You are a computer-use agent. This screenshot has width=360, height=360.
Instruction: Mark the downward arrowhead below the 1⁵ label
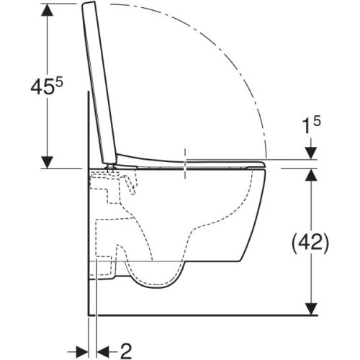[x=311, y=153]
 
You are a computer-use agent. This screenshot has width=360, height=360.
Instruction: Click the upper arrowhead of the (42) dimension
[x=311, y=175]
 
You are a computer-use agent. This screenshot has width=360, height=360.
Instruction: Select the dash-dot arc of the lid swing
[x=238, y=65]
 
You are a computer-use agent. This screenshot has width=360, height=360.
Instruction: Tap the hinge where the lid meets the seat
[x=113, y=163]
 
